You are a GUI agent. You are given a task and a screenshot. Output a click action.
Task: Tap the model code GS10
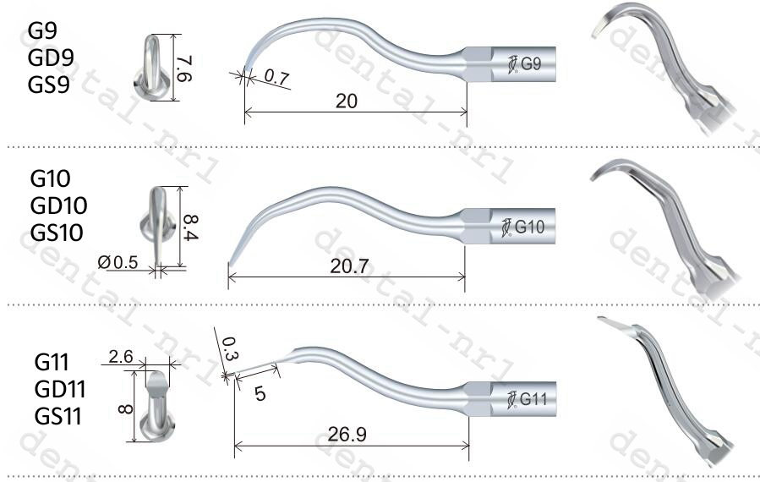click(57, 232)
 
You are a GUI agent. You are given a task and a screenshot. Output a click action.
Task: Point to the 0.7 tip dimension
click(276, 77)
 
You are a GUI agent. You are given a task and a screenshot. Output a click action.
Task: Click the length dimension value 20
click(347, 101)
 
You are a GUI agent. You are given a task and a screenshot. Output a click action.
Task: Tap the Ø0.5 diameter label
click(118, 262)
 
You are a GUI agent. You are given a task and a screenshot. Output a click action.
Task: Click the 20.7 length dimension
click(350, 266)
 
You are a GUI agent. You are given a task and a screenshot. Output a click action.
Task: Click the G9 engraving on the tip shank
click(530, 64)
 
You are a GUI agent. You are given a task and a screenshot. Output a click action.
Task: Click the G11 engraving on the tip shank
click(533, 399)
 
